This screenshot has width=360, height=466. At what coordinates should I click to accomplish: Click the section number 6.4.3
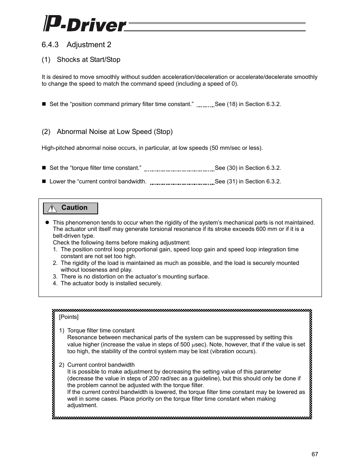pos(50,45)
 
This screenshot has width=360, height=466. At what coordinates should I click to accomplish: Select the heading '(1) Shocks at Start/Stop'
pos(81,60)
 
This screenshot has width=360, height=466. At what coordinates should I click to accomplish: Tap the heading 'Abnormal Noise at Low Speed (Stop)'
pos(114,132)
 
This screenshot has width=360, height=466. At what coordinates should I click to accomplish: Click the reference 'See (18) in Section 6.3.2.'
pos(248,104)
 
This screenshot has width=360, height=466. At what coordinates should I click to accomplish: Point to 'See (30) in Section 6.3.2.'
pos(248,168)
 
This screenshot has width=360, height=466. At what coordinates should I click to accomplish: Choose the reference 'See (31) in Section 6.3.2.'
pos(248,181)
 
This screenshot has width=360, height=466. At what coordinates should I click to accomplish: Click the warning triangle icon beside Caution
pos(52,208)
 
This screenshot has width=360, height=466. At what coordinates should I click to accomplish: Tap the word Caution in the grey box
pos(74,208)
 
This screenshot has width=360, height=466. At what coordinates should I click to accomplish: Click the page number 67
pos(315,454)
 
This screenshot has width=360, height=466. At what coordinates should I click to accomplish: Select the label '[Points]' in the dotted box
pos(69,317)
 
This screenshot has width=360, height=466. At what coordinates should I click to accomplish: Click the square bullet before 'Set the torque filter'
pos(43,168)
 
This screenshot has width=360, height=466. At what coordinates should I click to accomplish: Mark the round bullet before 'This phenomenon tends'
pos(48,223)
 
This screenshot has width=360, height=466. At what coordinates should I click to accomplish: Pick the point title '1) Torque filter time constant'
pos(97,331)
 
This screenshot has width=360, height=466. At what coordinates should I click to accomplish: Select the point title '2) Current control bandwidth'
pos(97,365)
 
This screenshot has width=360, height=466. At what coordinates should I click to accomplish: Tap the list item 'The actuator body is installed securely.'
pos(111,283)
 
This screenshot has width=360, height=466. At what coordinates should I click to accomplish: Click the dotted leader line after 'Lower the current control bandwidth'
pos(182,184)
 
